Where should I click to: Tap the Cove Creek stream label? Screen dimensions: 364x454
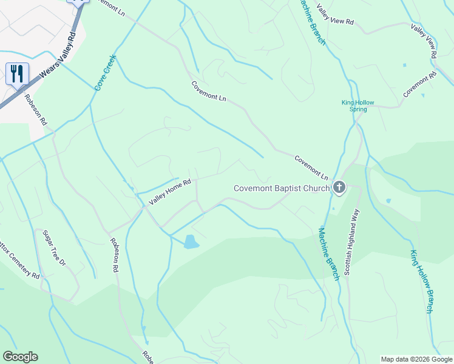[105, 73]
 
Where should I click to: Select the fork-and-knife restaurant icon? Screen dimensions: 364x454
[17, 74]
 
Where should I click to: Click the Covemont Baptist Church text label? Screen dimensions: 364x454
[282, 188]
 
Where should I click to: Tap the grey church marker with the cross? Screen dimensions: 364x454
[339, 188]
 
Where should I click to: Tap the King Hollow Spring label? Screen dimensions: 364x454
[354, 106]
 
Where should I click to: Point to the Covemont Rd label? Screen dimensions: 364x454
[420, 85]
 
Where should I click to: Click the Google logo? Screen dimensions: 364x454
[20, 357]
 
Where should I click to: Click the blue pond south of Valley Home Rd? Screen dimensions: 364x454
[191, 241]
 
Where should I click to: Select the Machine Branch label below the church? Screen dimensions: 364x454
[328, 254]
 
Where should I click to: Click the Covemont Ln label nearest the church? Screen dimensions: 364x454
[311, 167]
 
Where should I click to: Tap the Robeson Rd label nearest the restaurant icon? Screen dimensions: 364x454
[36, 109]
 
